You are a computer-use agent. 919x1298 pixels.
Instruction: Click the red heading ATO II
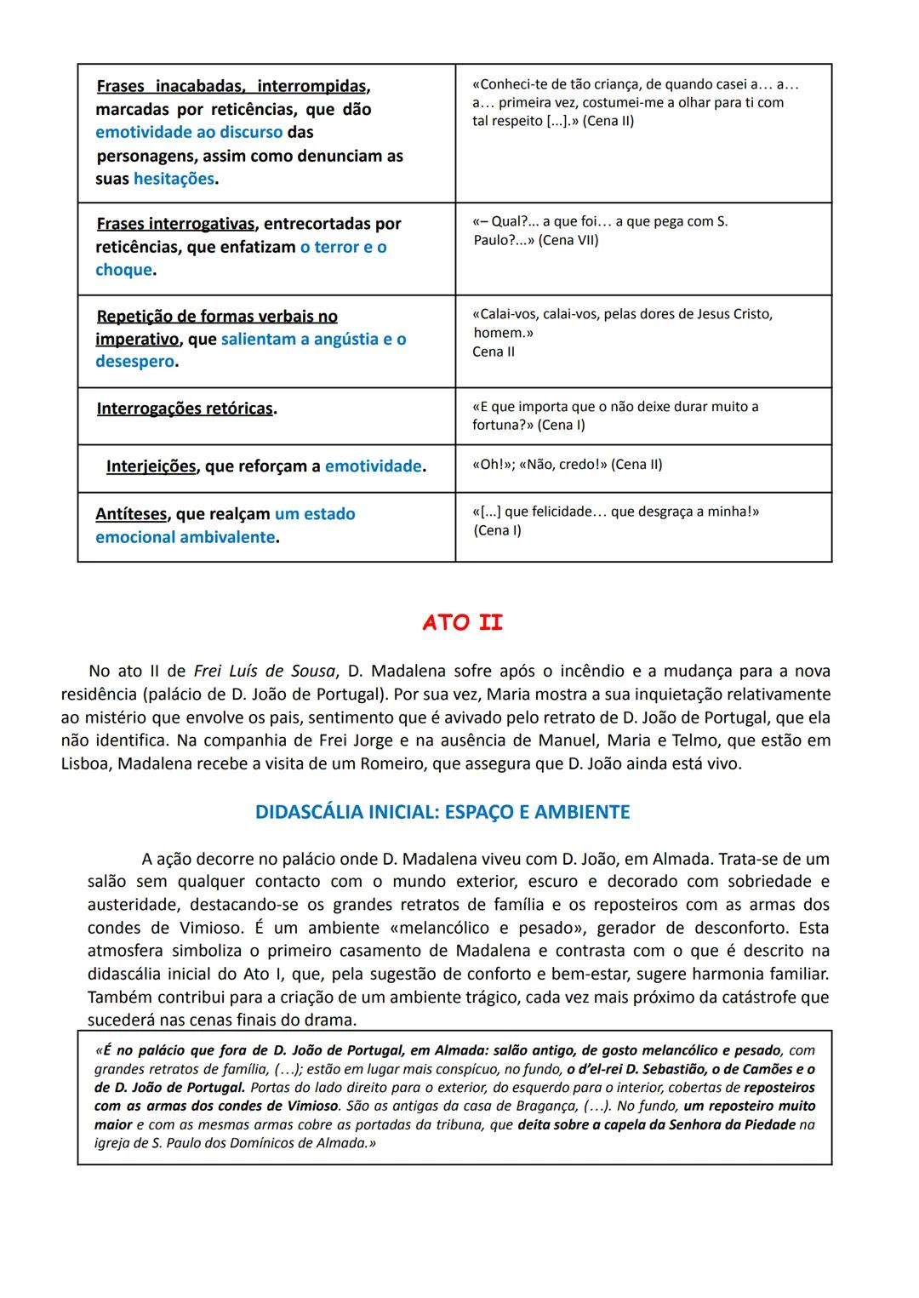click(462, 622)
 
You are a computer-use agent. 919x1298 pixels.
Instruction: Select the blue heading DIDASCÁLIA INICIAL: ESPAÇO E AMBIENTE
click(442, 812)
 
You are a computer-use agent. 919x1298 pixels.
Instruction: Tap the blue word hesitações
click(174, 179)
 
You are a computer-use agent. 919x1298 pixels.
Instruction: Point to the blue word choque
click(124, 270)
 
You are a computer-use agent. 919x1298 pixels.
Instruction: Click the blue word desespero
click(134, 362)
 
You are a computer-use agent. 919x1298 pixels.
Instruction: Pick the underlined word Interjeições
click(151, 466)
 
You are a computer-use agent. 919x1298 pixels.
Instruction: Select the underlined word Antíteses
click(132, 514)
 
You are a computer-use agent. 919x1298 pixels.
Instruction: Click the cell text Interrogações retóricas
click(186, 409)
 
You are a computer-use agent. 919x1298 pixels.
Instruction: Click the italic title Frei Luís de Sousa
click(264, 671)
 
